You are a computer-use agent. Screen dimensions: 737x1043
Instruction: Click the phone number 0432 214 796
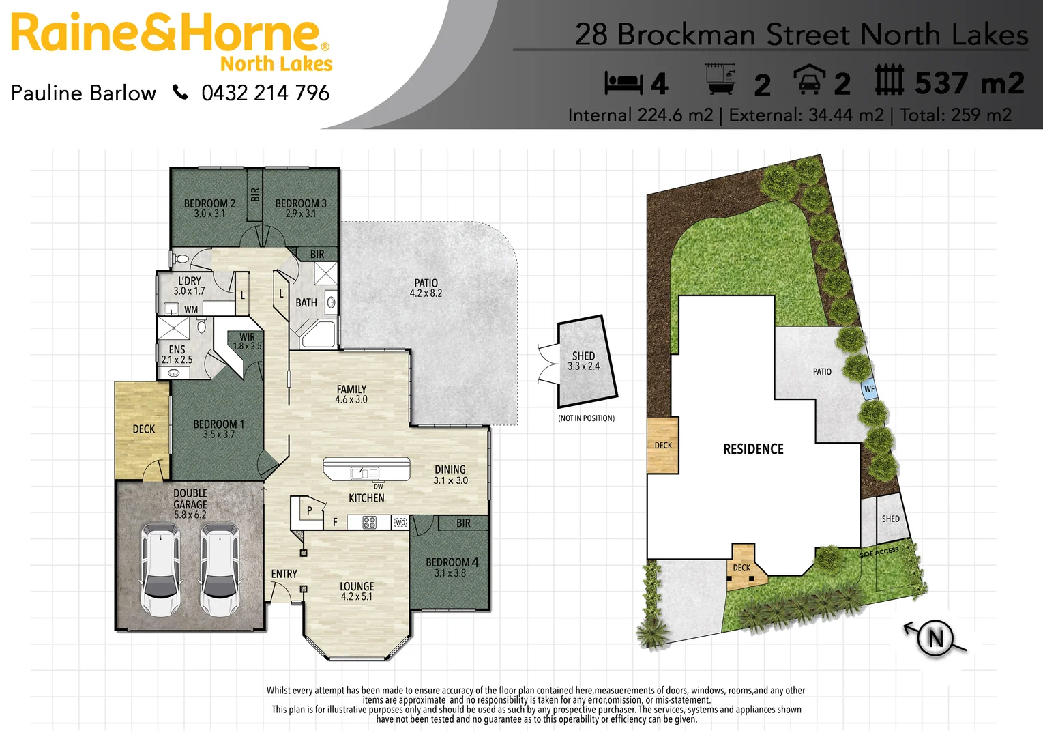(265, 93)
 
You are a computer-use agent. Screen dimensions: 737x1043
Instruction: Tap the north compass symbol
(935, 638)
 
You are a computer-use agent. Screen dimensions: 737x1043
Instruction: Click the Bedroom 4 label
(452, 562)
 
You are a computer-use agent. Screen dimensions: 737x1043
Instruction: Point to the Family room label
(351, 390)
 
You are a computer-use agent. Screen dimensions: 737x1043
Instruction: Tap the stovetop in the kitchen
(369, 523)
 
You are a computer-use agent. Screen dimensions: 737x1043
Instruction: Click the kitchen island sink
(365, 473)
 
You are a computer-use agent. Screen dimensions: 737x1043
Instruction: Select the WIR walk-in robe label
(247, 337)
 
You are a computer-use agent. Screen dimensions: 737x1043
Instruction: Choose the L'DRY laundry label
(190, 281)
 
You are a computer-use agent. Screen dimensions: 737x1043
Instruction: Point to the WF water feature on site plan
(869, 389)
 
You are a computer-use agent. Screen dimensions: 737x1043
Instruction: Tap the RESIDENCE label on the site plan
(753, 449)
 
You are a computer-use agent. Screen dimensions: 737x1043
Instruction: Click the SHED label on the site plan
(890, 519)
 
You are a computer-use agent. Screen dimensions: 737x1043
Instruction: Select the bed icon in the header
(623, 83)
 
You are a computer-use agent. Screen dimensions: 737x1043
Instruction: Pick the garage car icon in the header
(809, 80)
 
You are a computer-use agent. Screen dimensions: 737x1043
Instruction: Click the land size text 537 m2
(969, 83)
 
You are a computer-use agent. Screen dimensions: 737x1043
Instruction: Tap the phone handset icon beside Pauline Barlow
(180, 92)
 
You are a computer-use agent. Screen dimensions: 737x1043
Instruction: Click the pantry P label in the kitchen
(309, 510)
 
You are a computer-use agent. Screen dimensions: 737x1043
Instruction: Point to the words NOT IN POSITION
(586, 418)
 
